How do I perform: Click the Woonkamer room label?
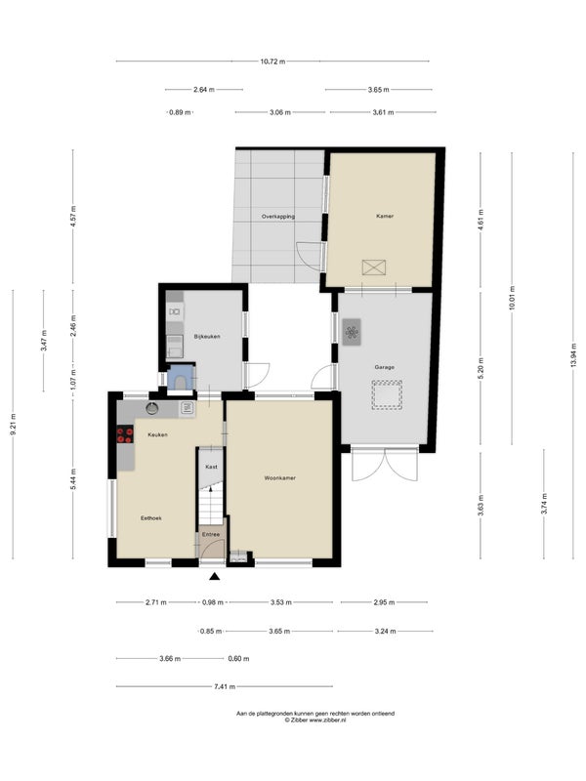[x=279, y=478]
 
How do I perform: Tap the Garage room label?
[x=384, y=367]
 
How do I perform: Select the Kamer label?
[x=385, y=216]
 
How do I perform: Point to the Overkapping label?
[x=278, y=217]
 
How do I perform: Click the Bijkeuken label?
[x=207, y=337]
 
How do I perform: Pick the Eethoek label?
[x=151, y=518]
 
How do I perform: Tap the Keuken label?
[x=157, y=434]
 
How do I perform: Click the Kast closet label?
[x=211, y=468]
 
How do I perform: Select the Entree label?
[x=211, y=535]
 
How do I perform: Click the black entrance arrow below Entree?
[x=214, y=577]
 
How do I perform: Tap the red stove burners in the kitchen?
[x=125, y=434]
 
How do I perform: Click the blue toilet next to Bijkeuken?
[x=180, y=378]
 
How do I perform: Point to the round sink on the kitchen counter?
[x=152, y=408]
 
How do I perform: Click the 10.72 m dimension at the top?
[x=272, y=62]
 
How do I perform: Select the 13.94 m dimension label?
[x=573, y=355]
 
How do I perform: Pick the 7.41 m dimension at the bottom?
[x=225, y=687]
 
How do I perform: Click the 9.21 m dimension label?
[x=13, y=425]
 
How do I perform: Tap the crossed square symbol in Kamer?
[x=374, y=267]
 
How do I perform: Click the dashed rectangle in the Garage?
[x=387, y=395]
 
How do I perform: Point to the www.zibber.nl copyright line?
[x=314, y=720]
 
